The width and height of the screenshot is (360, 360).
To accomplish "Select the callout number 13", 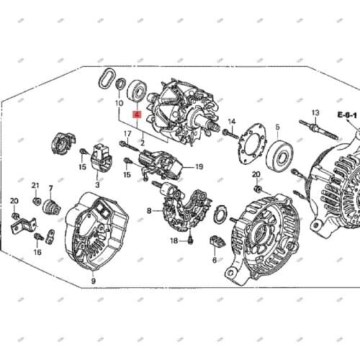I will tap(315, 113).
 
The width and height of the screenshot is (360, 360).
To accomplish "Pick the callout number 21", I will tap(36, 186).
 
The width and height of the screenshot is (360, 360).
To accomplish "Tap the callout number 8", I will tap(150, 211).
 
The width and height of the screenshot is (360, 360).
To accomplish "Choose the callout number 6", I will tap(214, 261).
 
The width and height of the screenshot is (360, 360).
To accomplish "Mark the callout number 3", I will tap(97, 185).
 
